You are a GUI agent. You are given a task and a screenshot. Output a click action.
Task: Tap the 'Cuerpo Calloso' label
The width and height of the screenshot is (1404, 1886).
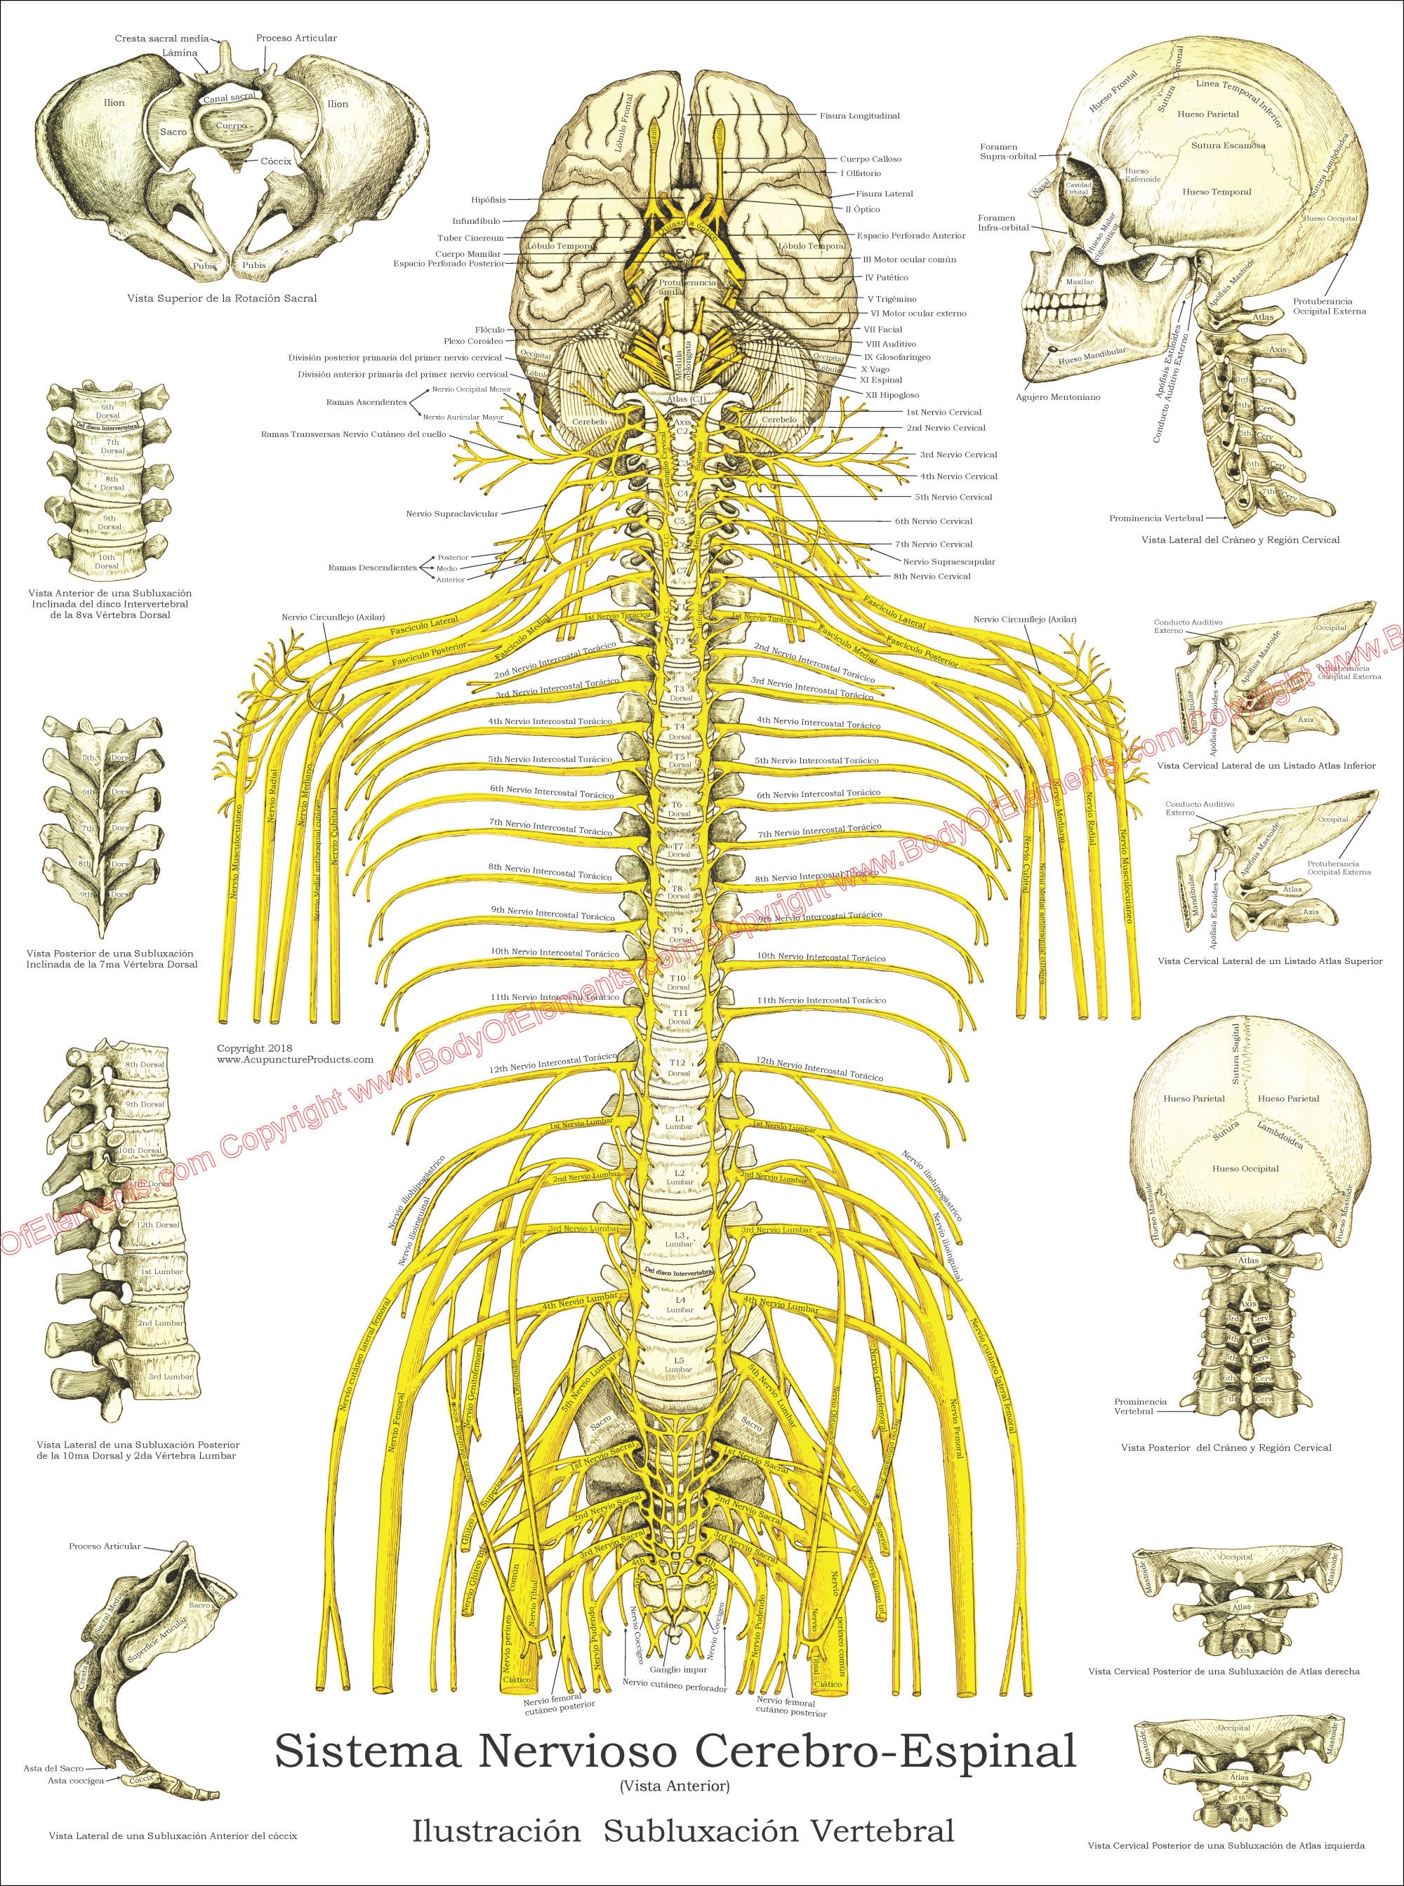tap(870, 159)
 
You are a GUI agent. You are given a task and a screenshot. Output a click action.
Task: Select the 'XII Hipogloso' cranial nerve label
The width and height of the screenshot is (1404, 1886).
tap(891, 395)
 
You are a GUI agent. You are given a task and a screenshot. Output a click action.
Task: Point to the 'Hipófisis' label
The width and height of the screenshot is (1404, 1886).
tap(488, 201)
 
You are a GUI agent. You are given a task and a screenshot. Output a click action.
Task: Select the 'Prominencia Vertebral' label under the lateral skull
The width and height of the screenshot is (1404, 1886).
tap(1155, 517)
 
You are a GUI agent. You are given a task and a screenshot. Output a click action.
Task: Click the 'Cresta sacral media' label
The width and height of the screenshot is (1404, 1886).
tap(162, 15)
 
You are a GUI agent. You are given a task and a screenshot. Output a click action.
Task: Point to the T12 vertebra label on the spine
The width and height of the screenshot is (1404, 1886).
tap(677, 1064)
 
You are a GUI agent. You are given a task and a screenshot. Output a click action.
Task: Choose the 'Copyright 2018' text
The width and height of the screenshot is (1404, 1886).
tap(255, 1048)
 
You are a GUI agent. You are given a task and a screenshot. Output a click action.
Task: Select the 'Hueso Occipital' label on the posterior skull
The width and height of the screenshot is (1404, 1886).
tap(1245, 1169)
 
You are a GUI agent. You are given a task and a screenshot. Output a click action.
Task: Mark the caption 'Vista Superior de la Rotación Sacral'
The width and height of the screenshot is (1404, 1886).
tap(222, 299)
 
